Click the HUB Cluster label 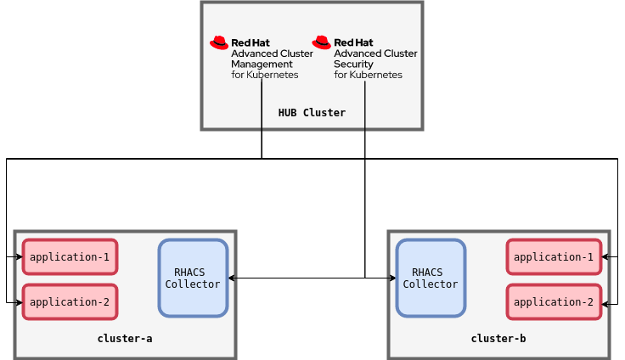[x=312, y=112]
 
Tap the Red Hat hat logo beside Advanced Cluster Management [x=219, y=42]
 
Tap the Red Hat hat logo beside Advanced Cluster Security [x=321, y=42]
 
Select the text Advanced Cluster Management [x=271, y=59]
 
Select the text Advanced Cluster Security [x=374, y=59]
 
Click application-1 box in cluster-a [x=70, y=256]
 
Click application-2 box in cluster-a [x=70, y=301]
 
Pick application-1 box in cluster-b [x=554, y=256]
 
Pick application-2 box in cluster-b [x=554, y=301]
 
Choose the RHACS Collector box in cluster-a [x=193, y=278]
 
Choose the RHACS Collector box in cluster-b [x=431, y=278]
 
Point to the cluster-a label [x=125, y=338]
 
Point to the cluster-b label [x=498, y=338]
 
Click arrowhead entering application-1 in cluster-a [x=18, y=256]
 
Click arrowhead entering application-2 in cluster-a [x=18, y=301]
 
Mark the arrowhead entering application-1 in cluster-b [x=605, y=256]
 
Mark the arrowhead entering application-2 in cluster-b [x=605, y=301]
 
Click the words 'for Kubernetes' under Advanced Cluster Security [x=368, y=75]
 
